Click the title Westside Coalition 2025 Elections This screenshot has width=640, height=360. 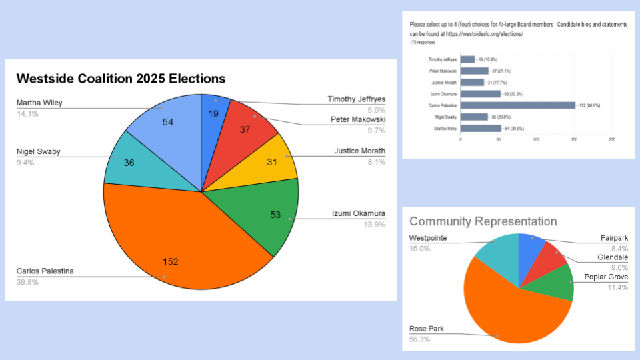coord(121,79)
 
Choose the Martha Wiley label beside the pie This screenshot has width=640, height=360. coord(39,103)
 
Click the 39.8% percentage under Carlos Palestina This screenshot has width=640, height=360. coord(27,282)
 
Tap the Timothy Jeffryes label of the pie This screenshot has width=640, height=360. coord(356,99)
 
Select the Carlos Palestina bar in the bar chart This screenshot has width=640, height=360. coord(517,105)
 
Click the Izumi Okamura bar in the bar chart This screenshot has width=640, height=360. coord(480,93)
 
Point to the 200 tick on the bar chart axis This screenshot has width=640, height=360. coord(611,140)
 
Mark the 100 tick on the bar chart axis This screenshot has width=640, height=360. coord(536,140)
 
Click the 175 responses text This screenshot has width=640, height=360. coord(422,42)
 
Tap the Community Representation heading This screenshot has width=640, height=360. coord(483,221)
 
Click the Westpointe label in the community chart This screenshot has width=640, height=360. coord(428,238)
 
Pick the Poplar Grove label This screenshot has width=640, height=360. coord(606,277)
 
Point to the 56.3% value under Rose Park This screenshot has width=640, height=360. coord(419,339)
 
